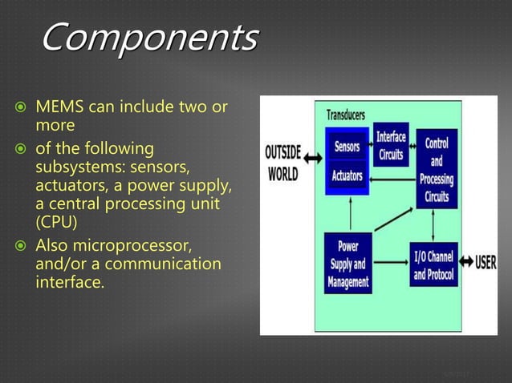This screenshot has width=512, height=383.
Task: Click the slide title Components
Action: coord(149,38)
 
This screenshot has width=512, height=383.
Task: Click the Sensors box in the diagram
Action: coord(347,148)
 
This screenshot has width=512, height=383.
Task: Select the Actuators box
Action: coord(347,175)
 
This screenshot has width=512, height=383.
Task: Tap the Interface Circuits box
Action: coord(391,146)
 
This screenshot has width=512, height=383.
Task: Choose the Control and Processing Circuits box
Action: coord(437,167)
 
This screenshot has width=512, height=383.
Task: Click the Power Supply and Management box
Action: coord(347,263)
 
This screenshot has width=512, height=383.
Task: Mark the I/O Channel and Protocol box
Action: coord(433,265)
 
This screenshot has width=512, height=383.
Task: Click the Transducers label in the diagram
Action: coord(346,115)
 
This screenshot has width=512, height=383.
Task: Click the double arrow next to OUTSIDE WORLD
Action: coord(315,161)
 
